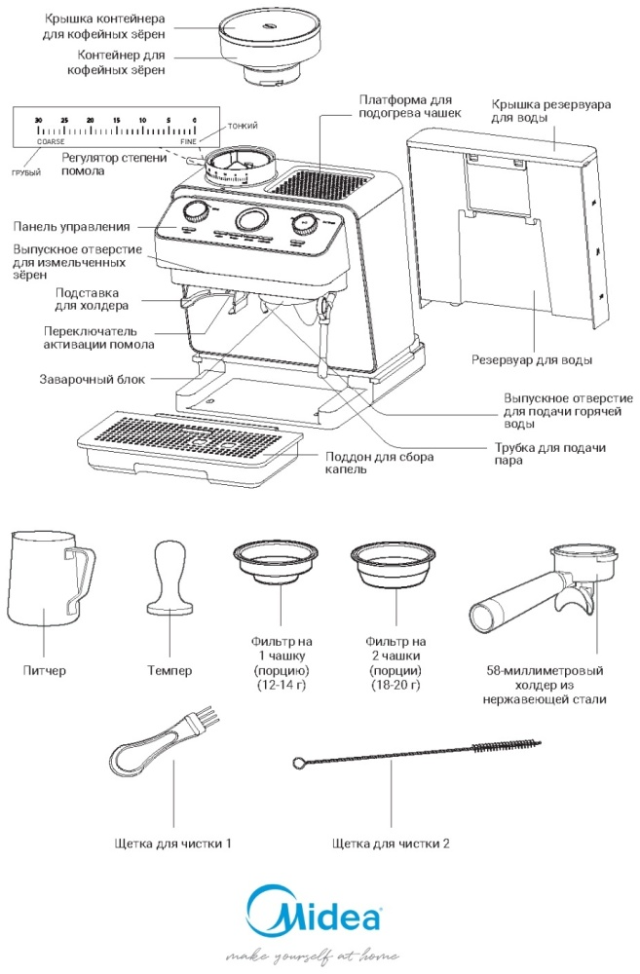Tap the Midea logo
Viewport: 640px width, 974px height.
click(x=313, y=917)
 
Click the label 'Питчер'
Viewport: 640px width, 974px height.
click(x=45, y=670)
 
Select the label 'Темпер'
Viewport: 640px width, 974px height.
click(x=169, y=670)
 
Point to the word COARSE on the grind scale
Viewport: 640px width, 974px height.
click(x=51, y=142)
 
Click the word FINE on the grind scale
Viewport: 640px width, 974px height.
click(x=188, y=142)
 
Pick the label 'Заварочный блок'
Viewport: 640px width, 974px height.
click(x=92, y=380)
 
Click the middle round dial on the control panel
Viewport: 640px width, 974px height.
click(x=250, y=219)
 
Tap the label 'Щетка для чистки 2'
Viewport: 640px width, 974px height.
click(x=391, y=843)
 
